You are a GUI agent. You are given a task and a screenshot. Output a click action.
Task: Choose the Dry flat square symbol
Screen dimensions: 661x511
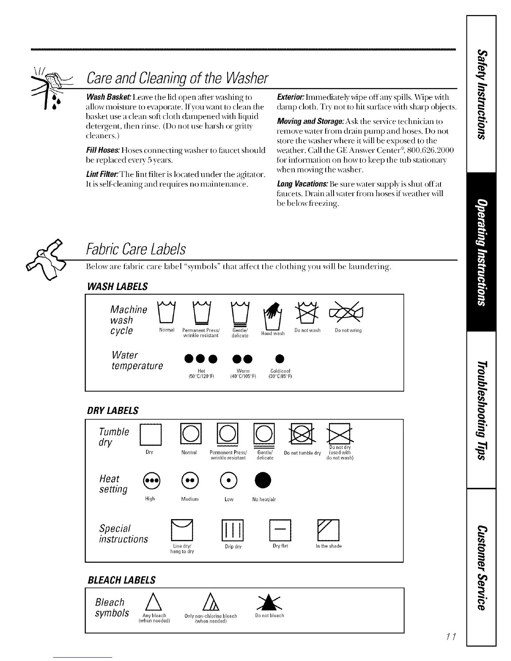(280, 530)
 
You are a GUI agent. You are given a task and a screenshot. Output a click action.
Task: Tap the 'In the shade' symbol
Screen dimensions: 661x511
(329, 530)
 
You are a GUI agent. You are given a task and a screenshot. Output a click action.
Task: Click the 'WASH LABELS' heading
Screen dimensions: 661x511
(117, 286)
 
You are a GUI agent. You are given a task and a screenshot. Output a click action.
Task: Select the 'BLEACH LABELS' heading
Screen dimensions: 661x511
(121, 580)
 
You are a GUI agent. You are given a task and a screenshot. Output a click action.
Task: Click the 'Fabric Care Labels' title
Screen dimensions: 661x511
(136, 250)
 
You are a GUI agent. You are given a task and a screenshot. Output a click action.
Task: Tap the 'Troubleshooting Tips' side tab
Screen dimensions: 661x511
(482, 409)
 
